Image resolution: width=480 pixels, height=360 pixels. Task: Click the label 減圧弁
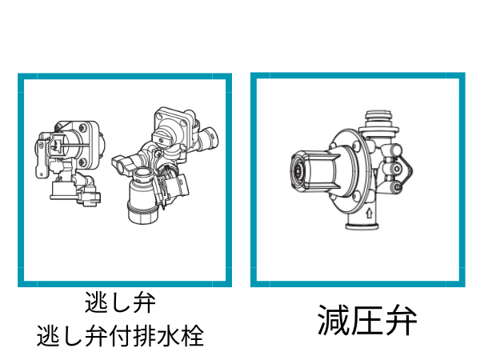point(367,320)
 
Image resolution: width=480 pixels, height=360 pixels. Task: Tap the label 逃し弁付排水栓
point(120,336)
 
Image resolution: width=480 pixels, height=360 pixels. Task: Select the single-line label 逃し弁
point(120,302)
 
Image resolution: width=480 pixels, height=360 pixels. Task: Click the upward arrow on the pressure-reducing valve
point(369,213)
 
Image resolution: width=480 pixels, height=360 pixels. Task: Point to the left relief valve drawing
point(68,163)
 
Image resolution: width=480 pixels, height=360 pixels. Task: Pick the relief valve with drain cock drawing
point(166,165)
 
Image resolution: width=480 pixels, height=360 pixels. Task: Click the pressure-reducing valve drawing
point(351,170)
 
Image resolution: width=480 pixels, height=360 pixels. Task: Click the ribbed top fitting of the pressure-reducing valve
point(378,121)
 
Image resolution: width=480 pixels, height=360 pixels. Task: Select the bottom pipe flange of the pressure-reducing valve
point(362,226)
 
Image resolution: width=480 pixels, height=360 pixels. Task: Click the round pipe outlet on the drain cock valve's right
point(210,138)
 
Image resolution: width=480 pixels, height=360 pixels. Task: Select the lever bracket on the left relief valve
point(43,154)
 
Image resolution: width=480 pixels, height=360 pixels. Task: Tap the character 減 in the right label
point(334,320)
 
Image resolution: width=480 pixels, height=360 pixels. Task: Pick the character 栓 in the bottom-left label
point(192,336)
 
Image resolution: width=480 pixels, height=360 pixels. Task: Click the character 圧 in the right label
point(367,320)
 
